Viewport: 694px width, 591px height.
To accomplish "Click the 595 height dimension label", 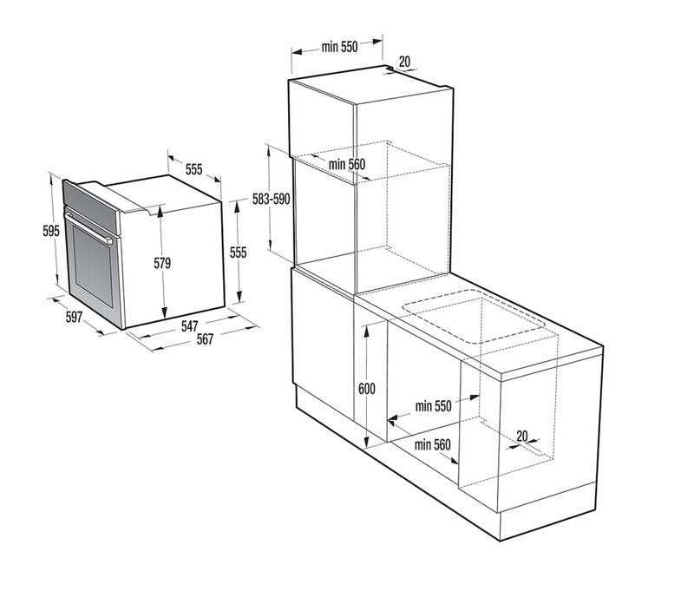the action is click(51, 231).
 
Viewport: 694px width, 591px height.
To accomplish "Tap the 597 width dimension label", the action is click(74, 317).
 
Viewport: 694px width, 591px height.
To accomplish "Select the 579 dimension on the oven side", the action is click(162, 263).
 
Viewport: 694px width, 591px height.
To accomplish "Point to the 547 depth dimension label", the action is click(189, 326).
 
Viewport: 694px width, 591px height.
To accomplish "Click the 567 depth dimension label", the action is click(205, 339).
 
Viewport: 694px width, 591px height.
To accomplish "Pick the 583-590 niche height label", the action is click(271, 200).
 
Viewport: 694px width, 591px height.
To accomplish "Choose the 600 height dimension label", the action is click(366, 389).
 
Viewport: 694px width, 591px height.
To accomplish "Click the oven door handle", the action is click(88, 228).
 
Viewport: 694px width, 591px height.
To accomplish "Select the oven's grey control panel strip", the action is click(91, 207).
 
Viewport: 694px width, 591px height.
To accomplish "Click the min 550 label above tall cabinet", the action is click(339, 47).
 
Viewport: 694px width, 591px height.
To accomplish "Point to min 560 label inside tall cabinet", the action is click(346, 164).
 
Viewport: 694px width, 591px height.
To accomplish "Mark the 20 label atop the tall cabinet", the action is click(404, 62).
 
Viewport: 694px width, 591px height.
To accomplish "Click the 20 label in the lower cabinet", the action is click(522, 436).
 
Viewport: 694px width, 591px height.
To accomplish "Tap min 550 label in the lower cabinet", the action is click(433, 406).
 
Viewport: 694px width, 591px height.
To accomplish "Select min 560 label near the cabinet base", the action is click(432, 444).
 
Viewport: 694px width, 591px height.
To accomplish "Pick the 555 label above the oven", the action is click(193, 169).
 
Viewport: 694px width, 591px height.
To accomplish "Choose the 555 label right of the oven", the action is click(238, 253).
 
